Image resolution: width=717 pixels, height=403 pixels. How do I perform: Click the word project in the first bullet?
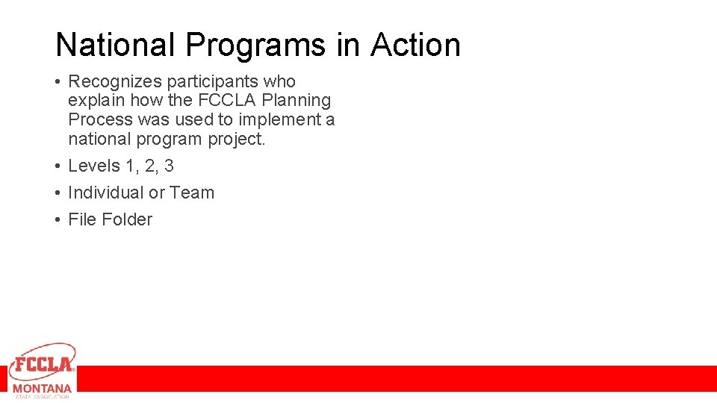point(237,139)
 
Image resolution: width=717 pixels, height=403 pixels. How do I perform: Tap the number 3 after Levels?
point(169,166)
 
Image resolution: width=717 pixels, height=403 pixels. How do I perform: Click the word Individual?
point(105,193)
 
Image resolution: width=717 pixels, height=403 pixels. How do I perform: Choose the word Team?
point(192,193)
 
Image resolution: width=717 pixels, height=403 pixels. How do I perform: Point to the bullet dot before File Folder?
point(58,220)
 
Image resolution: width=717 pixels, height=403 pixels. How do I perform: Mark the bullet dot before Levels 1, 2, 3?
point(58,166)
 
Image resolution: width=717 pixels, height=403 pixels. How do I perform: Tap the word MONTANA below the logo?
point(43,389)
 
